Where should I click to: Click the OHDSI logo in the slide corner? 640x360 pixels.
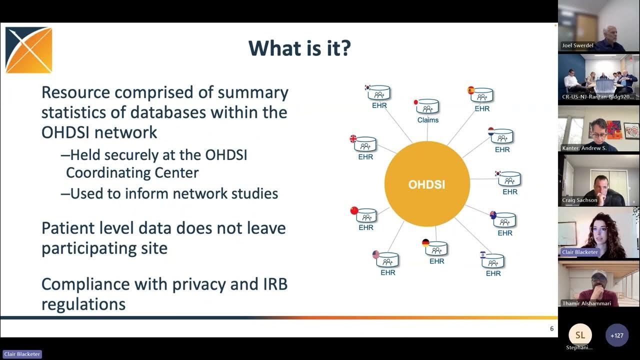click(28, 50)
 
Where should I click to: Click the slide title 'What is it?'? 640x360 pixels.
click(299, 48)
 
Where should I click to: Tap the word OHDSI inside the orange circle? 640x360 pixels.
click(426, 184)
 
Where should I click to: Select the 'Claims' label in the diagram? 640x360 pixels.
click(428, 120)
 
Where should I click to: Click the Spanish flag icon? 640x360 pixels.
click(470, 90)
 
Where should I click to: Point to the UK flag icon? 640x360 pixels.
click(353, 139)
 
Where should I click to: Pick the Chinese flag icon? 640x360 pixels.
click(354, 210)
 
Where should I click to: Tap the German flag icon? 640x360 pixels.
click(425, 243)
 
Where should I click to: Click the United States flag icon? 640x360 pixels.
click(376, 254)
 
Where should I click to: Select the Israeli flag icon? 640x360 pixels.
click(482, 254)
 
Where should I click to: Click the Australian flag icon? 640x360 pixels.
click(493, 215)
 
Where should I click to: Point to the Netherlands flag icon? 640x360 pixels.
click(491, 131)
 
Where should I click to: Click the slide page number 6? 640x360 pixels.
click(551, 328)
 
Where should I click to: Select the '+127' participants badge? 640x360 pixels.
click(616, 335)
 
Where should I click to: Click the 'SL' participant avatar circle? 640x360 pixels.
click(580, 335)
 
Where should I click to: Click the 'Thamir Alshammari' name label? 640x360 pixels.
click(586, 303)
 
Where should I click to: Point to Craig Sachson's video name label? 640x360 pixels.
click(579, 200)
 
